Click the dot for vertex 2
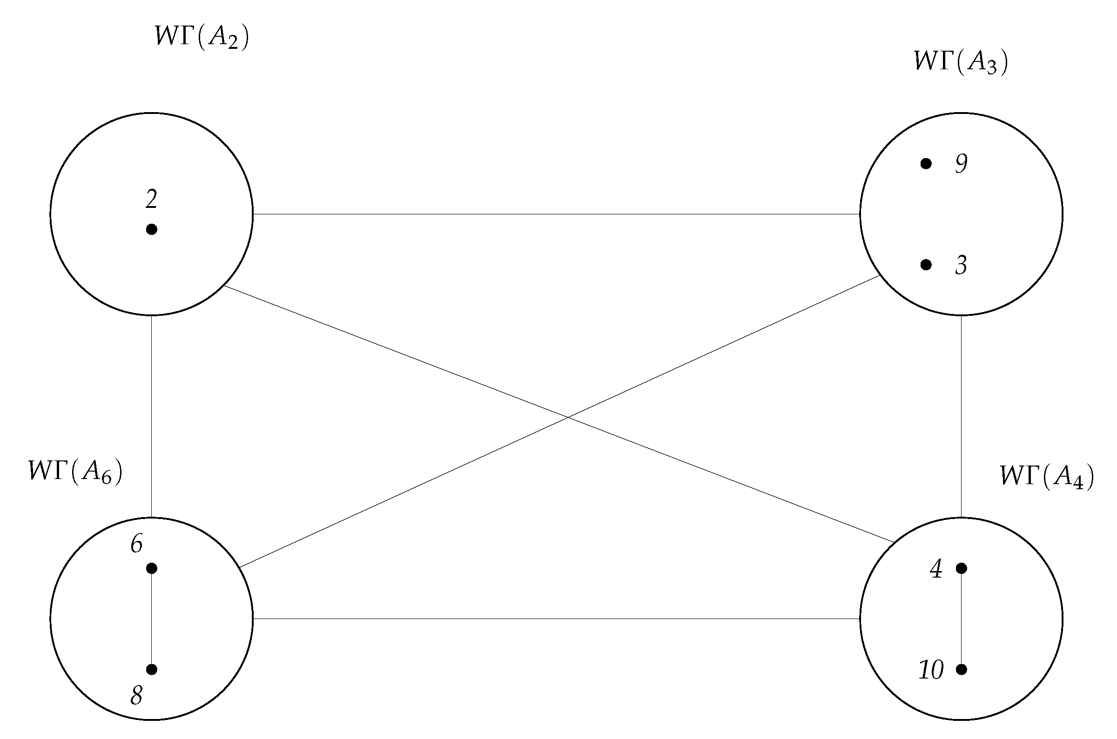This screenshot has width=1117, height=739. (x=151, y=230)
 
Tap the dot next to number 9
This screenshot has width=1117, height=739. (x=926, y=164)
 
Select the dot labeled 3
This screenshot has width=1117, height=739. (x=926, y=265)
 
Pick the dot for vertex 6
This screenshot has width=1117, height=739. (x=151, y=568)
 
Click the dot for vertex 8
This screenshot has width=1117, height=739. (x=151, y=669)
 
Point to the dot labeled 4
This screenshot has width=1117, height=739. (x=962, y=568)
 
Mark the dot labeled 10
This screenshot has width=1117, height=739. (x=962, y=669)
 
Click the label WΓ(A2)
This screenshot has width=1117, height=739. (x=202, y=37)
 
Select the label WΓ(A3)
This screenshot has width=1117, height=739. (x=961, y=62)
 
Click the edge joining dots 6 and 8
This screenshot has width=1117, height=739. (x=151, y=619)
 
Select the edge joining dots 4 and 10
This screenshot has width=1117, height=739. (x=962, y=619)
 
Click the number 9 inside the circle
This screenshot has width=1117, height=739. (x=962, y=164)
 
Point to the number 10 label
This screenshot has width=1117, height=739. (x=931, y=670)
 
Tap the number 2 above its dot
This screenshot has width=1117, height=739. (x=151, y=200)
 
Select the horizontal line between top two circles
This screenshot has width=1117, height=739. (x=556, y=214)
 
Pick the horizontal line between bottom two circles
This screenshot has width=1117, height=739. (x=556, y=619)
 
